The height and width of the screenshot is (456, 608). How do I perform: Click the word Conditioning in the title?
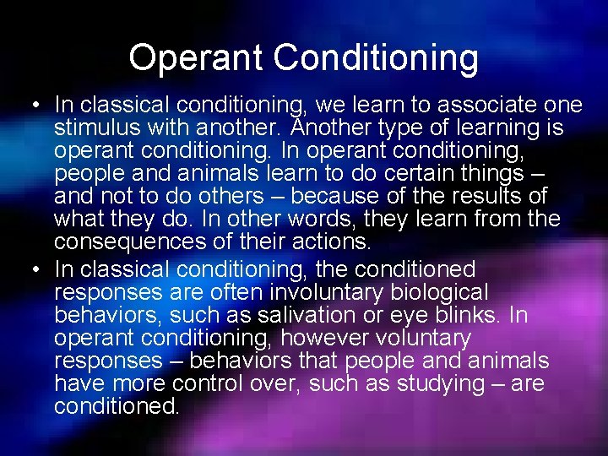(x=375, y=58)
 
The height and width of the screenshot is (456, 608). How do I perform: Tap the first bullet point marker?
(x=33, y=106)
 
